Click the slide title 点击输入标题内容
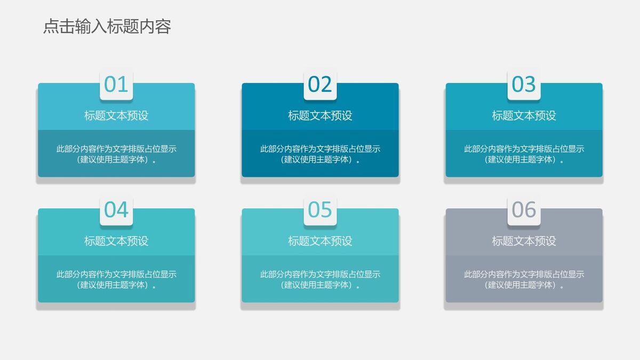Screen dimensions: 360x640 pos(107,26)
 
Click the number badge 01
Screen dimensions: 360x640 pos(116,84)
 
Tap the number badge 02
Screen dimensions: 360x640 pos(320,84)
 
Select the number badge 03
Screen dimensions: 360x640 pos(524,84)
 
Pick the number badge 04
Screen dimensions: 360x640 pos(116,210)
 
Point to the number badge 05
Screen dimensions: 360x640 pos(320,210)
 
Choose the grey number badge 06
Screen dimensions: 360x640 pos(524,210)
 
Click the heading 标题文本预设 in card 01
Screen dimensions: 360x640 pos(116,116)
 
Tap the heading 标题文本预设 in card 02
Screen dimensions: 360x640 pos(320,116)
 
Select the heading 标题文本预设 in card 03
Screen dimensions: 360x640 pos(524,116)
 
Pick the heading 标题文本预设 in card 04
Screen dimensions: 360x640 pos(116,241)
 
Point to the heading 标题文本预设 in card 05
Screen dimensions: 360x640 pos(320,241)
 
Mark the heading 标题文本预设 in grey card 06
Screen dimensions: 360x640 pos(524,241)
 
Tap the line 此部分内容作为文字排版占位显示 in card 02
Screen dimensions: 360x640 pos(320,149)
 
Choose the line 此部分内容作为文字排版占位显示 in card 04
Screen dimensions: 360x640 pos(116,274)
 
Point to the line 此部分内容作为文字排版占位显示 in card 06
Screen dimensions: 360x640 pos(524,274)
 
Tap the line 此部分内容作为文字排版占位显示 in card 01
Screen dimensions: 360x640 pos(116,149)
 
